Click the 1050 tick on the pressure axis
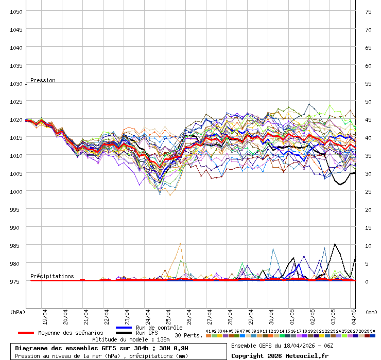(16, 11)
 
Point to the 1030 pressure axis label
(16, 83)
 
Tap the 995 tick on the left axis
(18, 209)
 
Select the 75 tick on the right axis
(368, 11)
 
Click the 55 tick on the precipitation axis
(368, 83)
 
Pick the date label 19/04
(46, 314)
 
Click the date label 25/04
(169, 314)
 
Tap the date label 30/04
(272, 314)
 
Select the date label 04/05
(354, 314)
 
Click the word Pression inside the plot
(43, 80)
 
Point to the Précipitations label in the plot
(52, 276)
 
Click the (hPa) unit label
(18, 312)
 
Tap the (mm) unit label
(371, 312)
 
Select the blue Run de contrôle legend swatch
(124, 328)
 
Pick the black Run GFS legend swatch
(124, 333)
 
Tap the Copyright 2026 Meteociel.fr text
(280, 355)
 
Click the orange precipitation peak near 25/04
(180, 244)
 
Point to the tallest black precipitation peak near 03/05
(335, 244)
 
